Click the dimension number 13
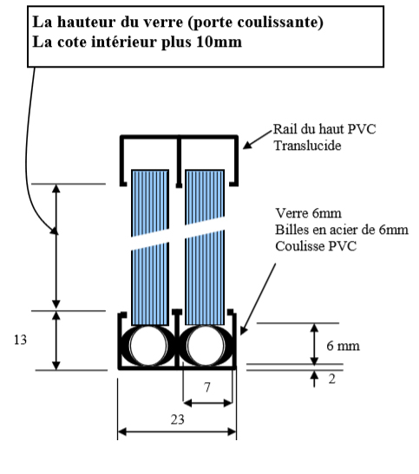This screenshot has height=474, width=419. pyautogui.click(x=20, y=340)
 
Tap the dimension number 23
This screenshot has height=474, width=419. pyautogui.click(x=177, y=419)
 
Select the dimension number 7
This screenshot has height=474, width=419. pyautogui.click(x=207, y=387)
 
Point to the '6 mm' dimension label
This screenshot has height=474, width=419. pyautogui.click(x=343, y=346)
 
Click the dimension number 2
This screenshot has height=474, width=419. pyautogui.click(x=332, y=379)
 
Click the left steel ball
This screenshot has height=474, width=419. pyautogui.click(x=148, y=345)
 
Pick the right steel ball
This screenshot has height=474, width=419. pyautogui.click(x=206, y=345)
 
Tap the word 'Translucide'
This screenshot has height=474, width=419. pyautogui.click(x=307, y=146)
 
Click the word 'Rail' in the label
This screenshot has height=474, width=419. pyautogui.click(x=284, y=129)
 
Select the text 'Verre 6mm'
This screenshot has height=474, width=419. pyautogui.click(x=308, y=213)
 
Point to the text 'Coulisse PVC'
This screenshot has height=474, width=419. pyautogui.click(x=316, y=246)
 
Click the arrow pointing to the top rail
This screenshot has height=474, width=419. pyautogui.click(x=258, y=140)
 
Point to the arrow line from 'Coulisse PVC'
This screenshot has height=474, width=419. pyautogui.click(x=258, y=299)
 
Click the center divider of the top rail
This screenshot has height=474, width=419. pyautogui.click(x=179, y=162)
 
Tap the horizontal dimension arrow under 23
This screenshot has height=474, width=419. pyautogui.click(x=177, y=432)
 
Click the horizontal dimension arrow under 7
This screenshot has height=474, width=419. pyautogui.click(x=207, y=403)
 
